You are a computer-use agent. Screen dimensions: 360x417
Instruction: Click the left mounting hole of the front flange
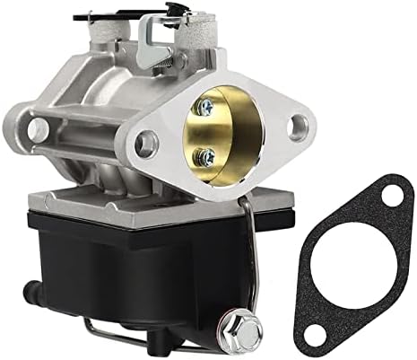click(x=145, y=141)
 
